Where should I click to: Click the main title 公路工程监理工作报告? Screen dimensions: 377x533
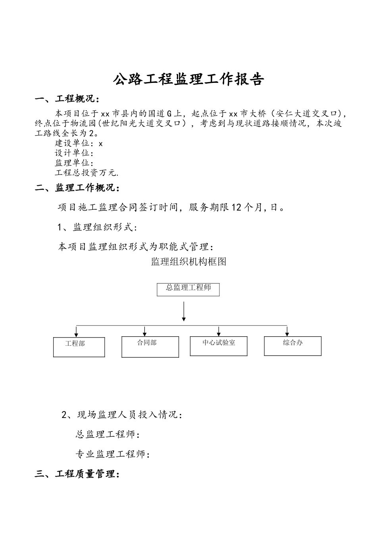(x=188, y=79)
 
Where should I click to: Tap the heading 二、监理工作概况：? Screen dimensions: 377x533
(x=77, y=188)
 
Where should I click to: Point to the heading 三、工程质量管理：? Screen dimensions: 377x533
(x=77, y=474)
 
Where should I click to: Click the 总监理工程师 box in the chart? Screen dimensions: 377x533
(x=188, y=289)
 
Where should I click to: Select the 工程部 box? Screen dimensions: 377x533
(x=79, y=347)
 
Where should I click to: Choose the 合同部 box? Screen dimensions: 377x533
(x=150, y=347)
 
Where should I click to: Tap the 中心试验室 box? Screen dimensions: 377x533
(x=219, y=346)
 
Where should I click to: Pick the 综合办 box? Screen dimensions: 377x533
(x=292, y=345)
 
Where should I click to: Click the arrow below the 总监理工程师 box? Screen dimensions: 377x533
(x=184, y=311)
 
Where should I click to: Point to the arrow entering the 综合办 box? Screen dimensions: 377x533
(x=287, y=331)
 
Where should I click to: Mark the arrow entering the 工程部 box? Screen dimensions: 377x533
(x=77, y=332)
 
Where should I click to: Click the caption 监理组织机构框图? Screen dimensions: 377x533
(x=188, y=262)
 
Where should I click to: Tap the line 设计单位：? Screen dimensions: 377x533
(x=74, y=153)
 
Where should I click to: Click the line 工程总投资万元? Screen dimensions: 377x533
(x=87, y=173)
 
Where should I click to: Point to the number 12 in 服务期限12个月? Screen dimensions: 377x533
(x=236, y=207)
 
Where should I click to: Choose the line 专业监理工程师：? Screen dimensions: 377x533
(x=113, y=454)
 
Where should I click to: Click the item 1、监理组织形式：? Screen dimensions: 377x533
(x=98, y=227)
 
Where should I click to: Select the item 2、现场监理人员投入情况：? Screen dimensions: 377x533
(x=122, y=415)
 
